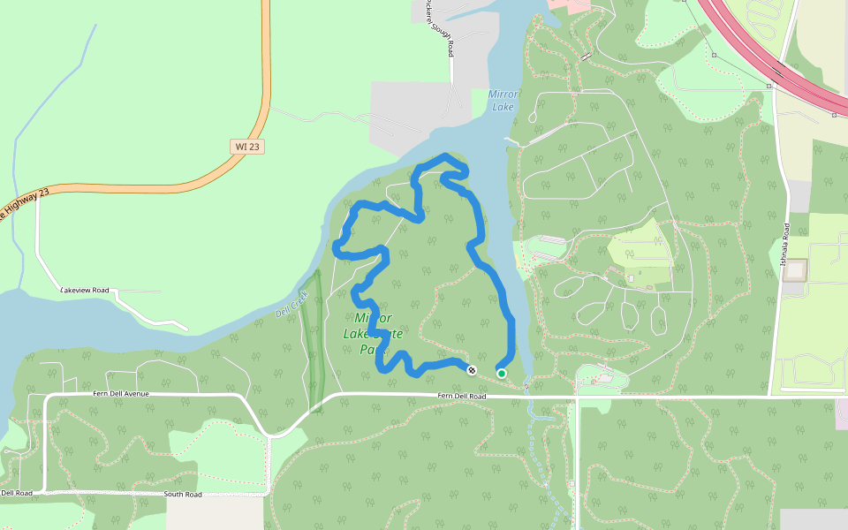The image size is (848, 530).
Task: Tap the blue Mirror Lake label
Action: click(x=502, y=100)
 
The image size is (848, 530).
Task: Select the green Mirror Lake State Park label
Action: click(x=372, y=333)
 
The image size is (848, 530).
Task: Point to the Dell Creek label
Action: click(x=291, y=307)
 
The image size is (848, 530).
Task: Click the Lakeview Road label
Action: click(x=84, y=290)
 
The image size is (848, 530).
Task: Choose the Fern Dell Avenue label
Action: click(x=123, y=393)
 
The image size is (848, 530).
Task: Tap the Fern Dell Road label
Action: click(x=461, y=397)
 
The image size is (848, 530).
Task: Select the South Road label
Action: click(x=182, y=494)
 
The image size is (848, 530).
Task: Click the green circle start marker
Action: click(x=502, y=374)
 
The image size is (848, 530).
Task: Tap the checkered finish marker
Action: click(x=472, y=369)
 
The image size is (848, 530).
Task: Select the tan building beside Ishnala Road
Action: click(x=794, y=270)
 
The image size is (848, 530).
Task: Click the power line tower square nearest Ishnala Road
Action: click(x=769, y=86)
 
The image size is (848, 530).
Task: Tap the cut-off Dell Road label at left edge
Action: click(x=16, y=493)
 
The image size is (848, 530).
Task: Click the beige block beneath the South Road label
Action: click(x=215, y=513)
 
